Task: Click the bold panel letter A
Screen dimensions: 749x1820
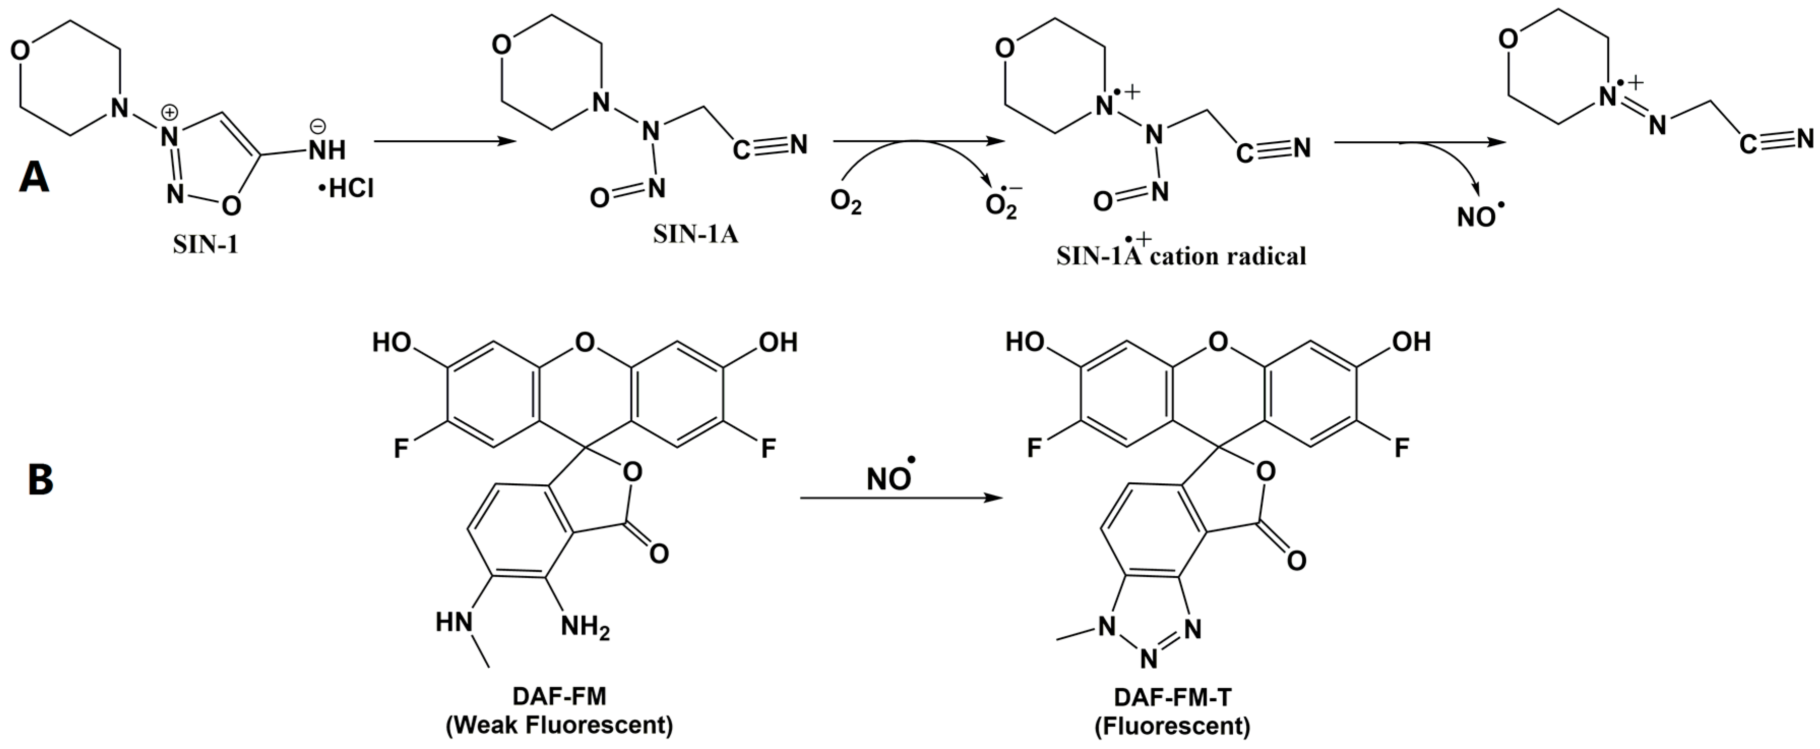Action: [x=34, y=177]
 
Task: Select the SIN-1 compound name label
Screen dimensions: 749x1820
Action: [x=206, y=244]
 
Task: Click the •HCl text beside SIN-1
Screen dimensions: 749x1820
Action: [x=346, y=189]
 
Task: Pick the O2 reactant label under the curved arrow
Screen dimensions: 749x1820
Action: [x=845, y=203]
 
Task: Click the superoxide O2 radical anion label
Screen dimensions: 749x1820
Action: [x=1002, y=204]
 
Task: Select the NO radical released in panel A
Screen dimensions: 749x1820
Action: [x=1480, y=215]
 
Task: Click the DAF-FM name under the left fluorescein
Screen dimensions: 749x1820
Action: [x=559, y=697]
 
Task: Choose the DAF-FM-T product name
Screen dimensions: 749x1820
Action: [x=1172, y=697]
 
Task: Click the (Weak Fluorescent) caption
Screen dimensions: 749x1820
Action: [x=559, y=725]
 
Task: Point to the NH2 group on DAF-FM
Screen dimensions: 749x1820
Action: [x=585, y=626]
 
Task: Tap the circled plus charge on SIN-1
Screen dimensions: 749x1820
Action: [x=170, y=112]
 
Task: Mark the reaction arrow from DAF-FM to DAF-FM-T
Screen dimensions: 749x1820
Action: [x=901, y=498]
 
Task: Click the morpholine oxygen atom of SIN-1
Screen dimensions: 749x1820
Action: [x=21, y=50]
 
